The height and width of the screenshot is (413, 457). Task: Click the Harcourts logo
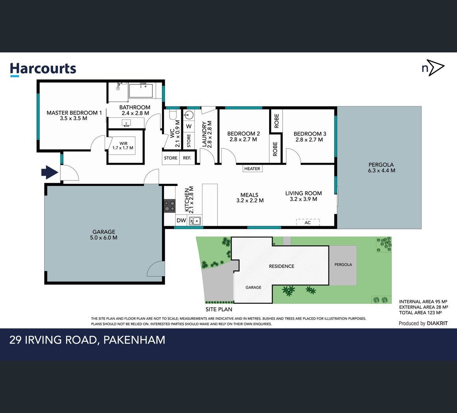(x=43, y=69)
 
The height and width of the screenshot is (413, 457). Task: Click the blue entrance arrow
(x=50, y=172)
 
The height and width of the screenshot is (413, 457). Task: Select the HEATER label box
(x=253, y=168)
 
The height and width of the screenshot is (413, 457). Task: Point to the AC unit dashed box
(x=308, y=222)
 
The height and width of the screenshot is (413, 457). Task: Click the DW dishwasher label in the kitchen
(x=181, y=220)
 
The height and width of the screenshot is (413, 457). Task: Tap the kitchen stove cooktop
(x=170, y=206)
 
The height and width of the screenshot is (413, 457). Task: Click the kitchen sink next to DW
(x=195, y=221)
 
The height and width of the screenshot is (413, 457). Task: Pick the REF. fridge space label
(x=187, y=158)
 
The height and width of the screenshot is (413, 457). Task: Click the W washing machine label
(x=189, y=127)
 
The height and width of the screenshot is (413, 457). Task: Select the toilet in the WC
(x=173, y=115)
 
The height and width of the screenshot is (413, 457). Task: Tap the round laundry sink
(x=189, y=115)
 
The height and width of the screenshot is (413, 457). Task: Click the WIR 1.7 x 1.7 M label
(x=123, y=146)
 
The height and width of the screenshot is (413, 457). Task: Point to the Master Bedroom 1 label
(x=74, y=115)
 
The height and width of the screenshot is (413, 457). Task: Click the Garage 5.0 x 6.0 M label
(x=104, y=234)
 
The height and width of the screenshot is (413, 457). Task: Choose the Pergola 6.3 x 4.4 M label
(x=381, y=167)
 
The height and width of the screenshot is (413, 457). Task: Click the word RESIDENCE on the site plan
(x=282, y=266)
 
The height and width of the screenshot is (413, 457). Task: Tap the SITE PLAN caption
(x=219, y=309)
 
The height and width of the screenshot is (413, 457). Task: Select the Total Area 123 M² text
(x=421, y=313)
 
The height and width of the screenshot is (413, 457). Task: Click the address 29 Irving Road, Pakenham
(x=87, y=340)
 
